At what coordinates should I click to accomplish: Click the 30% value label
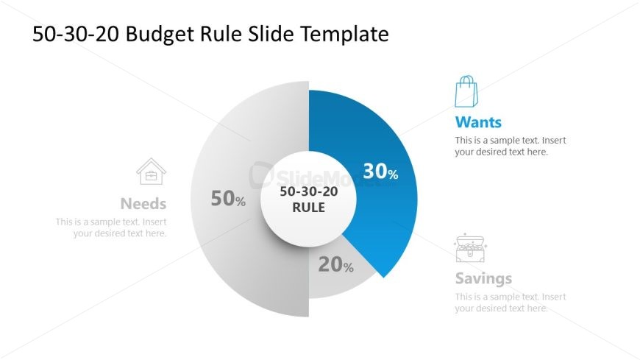pos(380,172)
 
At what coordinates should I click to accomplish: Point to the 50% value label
pos(228,198)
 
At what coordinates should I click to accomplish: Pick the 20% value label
pos(335,265)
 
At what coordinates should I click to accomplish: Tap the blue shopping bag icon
pos(466,91)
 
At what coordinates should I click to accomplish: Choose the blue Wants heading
pos(478,121)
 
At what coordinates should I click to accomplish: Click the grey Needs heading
pos(143,204)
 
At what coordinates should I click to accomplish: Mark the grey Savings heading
pos(483,279)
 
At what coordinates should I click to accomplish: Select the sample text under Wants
pos(510,146)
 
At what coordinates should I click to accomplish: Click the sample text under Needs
pos(112,227)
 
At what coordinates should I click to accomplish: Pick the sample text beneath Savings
pos(510,303)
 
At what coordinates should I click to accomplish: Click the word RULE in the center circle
pos(308,208)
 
